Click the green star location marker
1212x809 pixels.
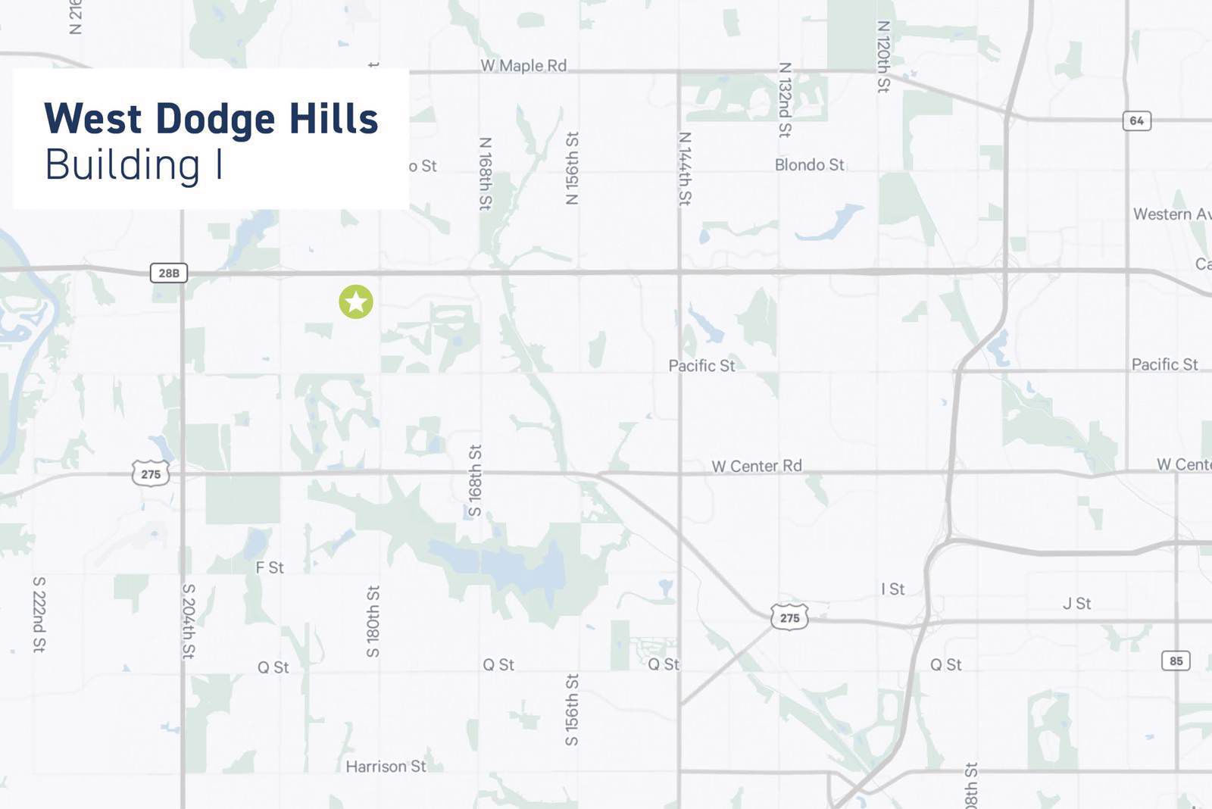tap(356, 301)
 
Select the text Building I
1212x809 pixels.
tap(134, 165)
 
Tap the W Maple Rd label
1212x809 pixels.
tap(523, 66)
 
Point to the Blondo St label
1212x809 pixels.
tap(809, 164)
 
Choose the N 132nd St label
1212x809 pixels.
tap(785, 99)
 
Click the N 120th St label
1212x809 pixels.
tap(883, 57)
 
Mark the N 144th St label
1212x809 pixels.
tap(685, 168)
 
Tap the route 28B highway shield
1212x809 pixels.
tap(169, 273)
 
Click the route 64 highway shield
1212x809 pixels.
tap(1136, 120)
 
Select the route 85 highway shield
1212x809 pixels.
tap(1176, 661)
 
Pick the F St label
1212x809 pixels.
tap(270, 567)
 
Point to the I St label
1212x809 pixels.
tap(892, 589)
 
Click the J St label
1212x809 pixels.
tap(1076, 604)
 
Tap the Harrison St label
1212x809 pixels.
tap(386, 767)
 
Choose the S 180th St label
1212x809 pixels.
tap(373, 621)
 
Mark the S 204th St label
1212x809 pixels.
tap(189, 621)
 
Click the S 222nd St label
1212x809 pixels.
tap(39, 614)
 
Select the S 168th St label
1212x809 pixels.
tap(475, 480)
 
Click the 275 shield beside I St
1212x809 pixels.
tap(789, 617)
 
